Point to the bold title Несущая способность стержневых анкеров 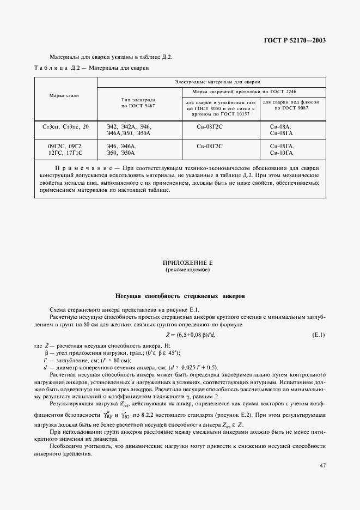(x=180, y=296)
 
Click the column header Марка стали (x=65, y=96)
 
